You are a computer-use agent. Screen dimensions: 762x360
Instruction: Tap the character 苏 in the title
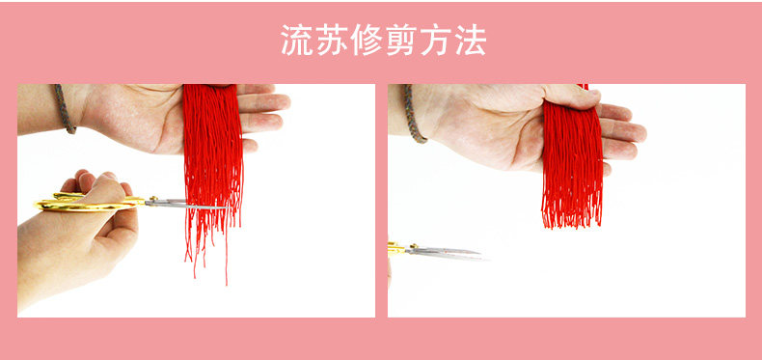pyautogui.click(x=332, y=40)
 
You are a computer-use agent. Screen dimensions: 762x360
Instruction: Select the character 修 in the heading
pyautogui.click(x=367, y=40)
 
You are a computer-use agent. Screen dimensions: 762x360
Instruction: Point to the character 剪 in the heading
pyautogui.click(x=401, y=40)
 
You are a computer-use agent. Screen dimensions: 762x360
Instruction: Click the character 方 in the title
pyautogui.click(x=435, y=40)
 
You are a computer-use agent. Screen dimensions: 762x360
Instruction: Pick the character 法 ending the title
pyautogui.click(x=470, y=40)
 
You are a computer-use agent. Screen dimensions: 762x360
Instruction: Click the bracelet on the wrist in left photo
pyautogui.click(x=66, y=108)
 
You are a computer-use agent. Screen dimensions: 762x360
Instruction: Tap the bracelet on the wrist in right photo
pyautogui.click(x=413, y=113)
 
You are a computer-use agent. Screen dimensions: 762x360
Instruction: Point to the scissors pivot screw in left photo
pyautogui.click(x=154, y=199)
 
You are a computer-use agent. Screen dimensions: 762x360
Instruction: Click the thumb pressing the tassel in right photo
pyautogui.click(x=573, y=96)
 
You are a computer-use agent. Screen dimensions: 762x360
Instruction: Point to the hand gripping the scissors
pyautogui.click(x=78, y=234)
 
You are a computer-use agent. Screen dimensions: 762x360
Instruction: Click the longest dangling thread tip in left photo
pyautogui.click(x=227, y=284)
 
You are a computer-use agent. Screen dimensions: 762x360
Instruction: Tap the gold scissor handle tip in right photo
pyautogui.click(x=391, y=247)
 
